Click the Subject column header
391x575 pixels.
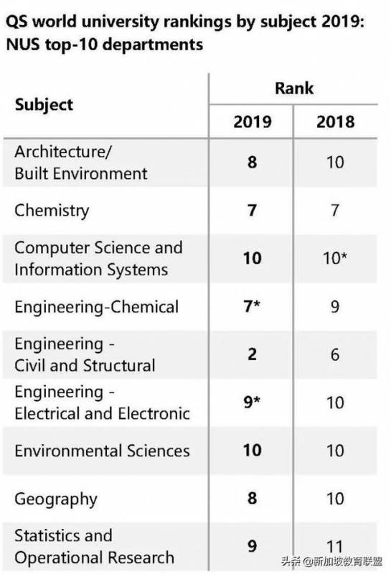[x=44, y=104]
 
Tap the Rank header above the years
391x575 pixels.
[x=293, y=88]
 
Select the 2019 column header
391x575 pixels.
[x=253, y=121]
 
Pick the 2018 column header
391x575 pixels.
[x=335, y=121]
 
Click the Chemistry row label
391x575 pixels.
[x=52, y=211]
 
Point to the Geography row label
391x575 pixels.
[x=55, y=499]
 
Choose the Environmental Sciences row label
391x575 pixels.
[x=102, y=451]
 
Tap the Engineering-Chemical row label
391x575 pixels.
[x=96, y=306]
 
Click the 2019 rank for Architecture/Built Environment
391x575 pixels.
[x=252, y=162]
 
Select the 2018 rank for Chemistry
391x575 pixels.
[x=335, y=211]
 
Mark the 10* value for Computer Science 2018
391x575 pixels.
[x=335, y=258]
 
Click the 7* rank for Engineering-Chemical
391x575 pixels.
[x=253, y=306]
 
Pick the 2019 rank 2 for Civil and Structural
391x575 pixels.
[x=252, y=354]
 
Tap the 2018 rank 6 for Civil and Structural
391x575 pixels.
[x=335, y=354]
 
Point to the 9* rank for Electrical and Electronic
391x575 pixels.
[x=253, y=402]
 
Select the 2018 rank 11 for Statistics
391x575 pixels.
[x=335, y=547]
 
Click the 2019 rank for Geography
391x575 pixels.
[x=252, y=499]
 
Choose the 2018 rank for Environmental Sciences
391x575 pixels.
[x=335, y=451]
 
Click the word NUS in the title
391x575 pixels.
[x=24, y=45]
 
